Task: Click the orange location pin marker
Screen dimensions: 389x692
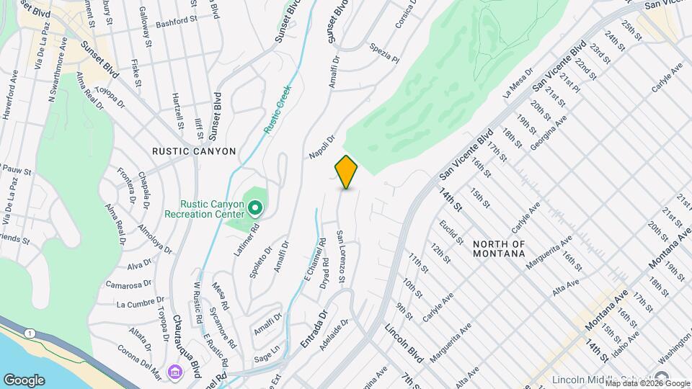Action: [347, 172]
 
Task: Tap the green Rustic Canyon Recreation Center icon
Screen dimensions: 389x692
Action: [254, 209]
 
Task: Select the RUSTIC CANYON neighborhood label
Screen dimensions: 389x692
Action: [194, 151]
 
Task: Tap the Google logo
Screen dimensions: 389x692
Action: [25, 380]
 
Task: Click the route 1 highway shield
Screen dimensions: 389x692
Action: [29, 332]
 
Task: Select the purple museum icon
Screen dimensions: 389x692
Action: [175, 372]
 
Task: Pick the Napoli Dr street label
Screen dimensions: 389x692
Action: [322, 147]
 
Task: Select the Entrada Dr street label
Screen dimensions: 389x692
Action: [314, 330]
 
